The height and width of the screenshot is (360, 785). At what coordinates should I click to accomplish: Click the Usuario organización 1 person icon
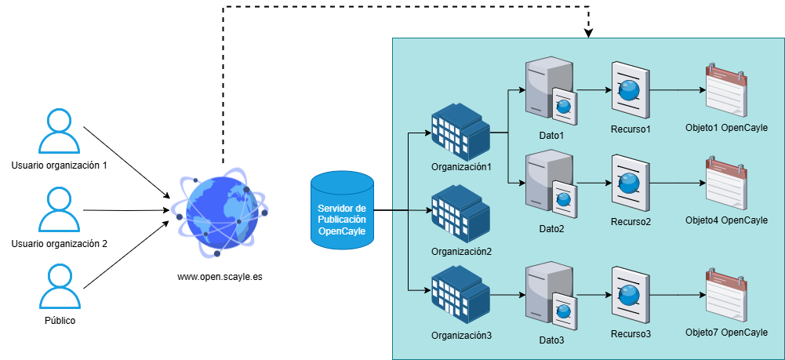pos(60,131)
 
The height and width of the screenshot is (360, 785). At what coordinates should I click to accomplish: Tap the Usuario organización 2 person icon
pos(60,209)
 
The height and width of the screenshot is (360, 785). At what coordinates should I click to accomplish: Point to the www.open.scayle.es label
pos(219,277)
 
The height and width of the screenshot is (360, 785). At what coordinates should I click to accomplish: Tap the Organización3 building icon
pos(460,295)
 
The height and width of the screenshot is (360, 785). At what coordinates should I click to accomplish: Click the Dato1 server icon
pos(551,95)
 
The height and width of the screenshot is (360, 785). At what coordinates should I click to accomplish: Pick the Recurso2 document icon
pos(630,184)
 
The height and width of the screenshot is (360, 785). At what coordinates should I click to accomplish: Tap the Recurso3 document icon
pos(630,296)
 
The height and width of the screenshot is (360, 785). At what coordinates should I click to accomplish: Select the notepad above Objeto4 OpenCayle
pos(725,184)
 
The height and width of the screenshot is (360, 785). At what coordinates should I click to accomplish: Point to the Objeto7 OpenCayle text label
pos(726,333)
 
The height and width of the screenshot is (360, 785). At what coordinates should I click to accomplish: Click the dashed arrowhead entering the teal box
pos(588,34)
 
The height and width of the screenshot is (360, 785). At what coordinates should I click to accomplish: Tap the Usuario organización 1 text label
pos(60,165)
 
